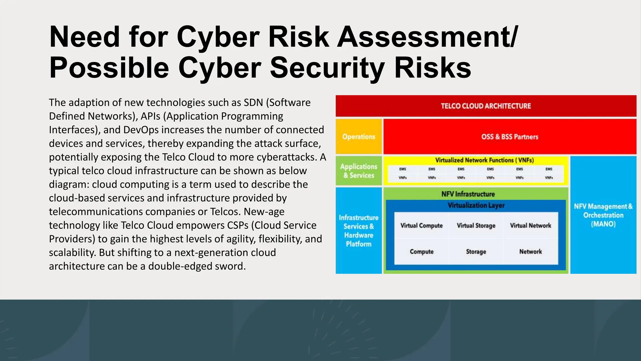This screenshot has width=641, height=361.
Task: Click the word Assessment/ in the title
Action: point(428,37)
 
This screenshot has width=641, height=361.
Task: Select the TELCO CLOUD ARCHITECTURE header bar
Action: point(486,106)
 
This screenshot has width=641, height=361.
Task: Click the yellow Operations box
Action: point(359,137)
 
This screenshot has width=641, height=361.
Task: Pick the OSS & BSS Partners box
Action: point(510,137)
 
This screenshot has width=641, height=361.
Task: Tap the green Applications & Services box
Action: point(359,171)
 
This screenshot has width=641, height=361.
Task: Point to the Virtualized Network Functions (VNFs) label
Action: point(484,160)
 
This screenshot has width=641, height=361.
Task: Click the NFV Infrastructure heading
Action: point(468,194)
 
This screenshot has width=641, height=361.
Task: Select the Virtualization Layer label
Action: point(476,205)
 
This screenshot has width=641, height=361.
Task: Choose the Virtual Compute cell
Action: point(421,226)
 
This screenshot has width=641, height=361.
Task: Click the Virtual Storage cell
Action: point(476,226)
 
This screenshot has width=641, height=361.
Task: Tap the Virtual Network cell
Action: point(531,226)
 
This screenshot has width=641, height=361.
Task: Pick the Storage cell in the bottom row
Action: point(476,252)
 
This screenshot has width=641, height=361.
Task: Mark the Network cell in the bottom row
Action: point(531,252)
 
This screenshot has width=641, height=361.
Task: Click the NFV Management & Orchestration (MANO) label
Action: point(603,215)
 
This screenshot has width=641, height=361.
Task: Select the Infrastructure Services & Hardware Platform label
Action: point(359,231)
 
